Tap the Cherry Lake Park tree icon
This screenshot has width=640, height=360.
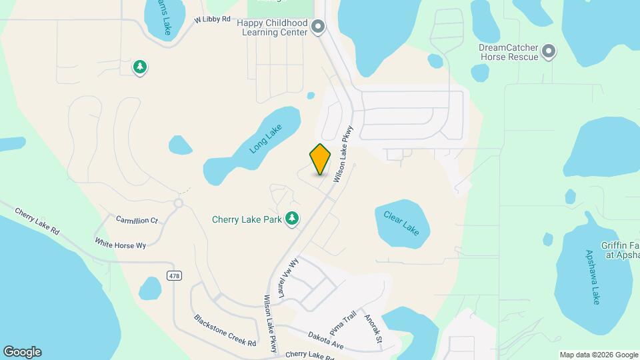(x=291, y=218)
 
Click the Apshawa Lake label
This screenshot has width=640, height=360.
(x=593, y=277)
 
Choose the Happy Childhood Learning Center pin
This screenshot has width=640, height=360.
(x=318, y=27)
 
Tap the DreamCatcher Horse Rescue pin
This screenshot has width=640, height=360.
(x=548, y=51)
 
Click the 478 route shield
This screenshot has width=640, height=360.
(x=174, y=276)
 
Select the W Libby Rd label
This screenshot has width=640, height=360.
(x=213, y=21)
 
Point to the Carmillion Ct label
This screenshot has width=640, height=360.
(x=137, y=219)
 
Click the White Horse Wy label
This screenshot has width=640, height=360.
(x=120, y=244)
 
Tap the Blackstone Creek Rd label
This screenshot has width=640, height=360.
(x=225, y=330)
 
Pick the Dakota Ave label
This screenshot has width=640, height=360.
(x=325, y=340)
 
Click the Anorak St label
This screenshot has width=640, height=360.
(x=373, y=329)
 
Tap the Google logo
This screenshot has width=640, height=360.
(x=22, y=352)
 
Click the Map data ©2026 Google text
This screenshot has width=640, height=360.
(x=597, y=355)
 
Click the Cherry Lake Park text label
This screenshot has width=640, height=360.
(x=247, y=219)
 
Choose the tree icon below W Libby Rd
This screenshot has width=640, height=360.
(x=140, y=67)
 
